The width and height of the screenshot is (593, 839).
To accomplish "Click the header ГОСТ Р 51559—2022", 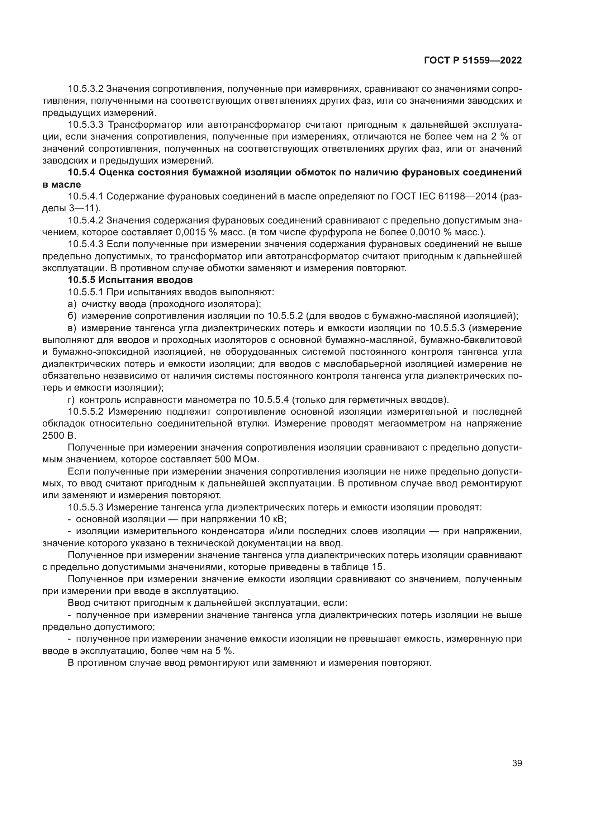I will [473, 60].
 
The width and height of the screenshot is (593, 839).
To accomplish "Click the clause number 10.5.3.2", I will [86, 89].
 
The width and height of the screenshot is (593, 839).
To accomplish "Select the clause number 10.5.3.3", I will [86, 124].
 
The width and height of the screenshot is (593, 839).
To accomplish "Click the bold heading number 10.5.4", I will [81, 173].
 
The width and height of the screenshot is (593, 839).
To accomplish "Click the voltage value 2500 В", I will [60, 435].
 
